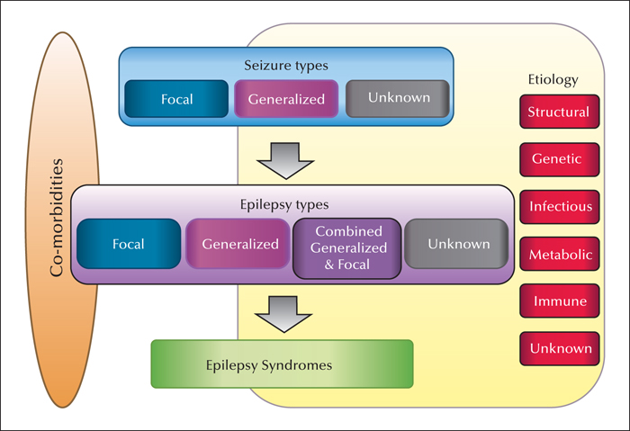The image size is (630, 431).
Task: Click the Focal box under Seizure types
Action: point(176,99)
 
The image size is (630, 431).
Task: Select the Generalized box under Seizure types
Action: point(286,99)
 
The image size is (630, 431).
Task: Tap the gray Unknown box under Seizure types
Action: point(398,99)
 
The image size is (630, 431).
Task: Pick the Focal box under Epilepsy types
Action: point(129,244)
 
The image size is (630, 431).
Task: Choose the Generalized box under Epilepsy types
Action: point(238,244)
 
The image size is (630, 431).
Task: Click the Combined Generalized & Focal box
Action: point(347,248)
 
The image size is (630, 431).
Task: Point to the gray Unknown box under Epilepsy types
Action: point(456,244)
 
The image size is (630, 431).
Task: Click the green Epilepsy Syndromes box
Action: point(282,364)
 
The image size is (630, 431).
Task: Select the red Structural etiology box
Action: point(559,112)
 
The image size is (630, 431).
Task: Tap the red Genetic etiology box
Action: point(559,159)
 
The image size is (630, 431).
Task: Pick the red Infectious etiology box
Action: point(559,207)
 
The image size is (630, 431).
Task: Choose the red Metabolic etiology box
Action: point(559,254)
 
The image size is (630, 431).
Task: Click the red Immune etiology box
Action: point(559,301)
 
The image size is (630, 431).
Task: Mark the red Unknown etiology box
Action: point(559,348)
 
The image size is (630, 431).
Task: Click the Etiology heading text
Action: point(553,80)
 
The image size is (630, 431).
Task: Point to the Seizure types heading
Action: point(286,66)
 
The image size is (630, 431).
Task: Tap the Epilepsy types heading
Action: point(284,205)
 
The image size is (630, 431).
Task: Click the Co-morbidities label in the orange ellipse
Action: point(57,218)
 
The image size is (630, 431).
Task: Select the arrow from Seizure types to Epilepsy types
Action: point(285,161)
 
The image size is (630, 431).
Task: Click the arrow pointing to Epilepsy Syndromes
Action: point(283,314)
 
